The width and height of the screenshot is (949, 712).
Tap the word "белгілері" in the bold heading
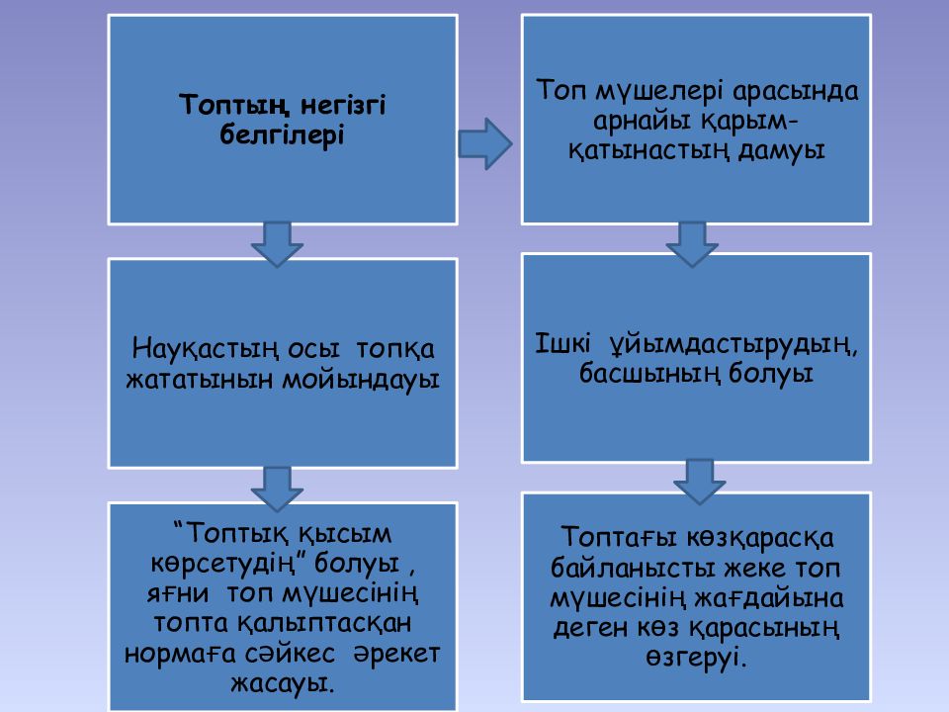point(282,135)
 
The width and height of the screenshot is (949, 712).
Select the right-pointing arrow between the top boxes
point(484,143)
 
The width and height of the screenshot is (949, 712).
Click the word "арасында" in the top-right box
point(795,91)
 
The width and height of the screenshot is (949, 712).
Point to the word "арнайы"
point(643,121)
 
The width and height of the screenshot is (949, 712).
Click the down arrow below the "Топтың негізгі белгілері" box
point(277,244)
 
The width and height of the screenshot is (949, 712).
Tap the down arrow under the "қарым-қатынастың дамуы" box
point(692,244)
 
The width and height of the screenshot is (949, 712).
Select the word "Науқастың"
point(206,349)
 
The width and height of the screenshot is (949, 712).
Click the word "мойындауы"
point(361,380)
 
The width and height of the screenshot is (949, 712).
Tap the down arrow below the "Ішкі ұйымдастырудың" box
point(700,483)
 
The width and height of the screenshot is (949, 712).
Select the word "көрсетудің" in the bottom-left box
point(229,565)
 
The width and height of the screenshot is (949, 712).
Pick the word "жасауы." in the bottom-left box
point(282,684)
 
